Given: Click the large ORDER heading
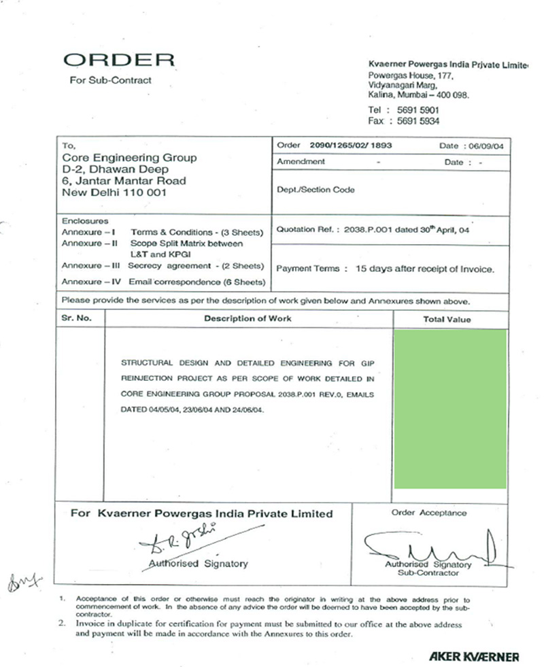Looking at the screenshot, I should pos(119,60).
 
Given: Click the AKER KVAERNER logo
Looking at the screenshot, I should pos(474,656).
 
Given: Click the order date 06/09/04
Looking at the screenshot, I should pos(484,146).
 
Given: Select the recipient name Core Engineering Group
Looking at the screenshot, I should pos(129,158).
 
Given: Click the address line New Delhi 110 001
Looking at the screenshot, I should pos(114,192).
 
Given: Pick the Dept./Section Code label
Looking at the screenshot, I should pos(316,190).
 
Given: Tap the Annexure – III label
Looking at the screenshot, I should pos(83,266).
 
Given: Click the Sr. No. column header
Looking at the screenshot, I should pos(75,318).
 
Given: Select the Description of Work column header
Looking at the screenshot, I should pos(248,318).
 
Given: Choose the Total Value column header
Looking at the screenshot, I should pos(447,319).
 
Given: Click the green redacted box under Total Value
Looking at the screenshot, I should pos(450,409).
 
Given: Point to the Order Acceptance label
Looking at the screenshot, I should pos(429,513).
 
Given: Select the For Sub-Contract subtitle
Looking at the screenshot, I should pos(111,80).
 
